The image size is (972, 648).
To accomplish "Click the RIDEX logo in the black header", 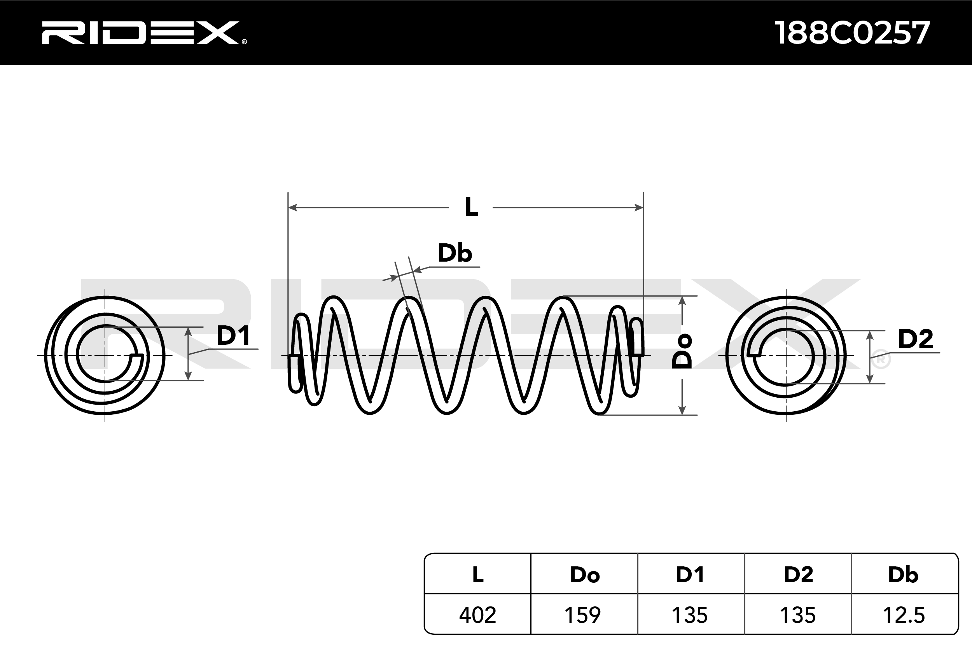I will coord(143,33).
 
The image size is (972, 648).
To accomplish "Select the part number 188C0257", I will coord(852,33).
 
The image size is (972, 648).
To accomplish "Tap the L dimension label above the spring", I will coord(471,207).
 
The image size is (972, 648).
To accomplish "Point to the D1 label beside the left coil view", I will coord(233,335).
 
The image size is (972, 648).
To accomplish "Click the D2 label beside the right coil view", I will coord(915,339).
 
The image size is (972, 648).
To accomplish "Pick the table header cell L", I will coord(478,575).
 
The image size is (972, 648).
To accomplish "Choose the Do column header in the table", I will coord(584,575).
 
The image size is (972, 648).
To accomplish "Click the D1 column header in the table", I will coord(690,575).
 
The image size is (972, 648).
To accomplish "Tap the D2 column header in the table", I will coord(799,575).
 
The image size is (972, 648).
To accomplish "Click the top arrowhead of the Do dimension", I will coord(682,301).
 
